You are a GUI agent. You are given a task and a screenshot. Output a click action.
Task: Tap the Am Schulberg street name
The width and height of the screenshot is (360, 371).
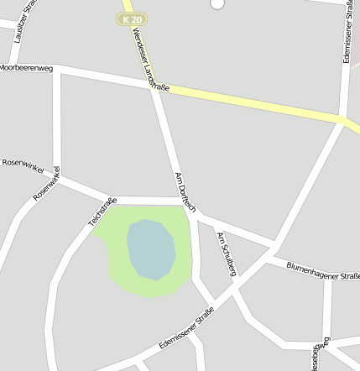(227, 253)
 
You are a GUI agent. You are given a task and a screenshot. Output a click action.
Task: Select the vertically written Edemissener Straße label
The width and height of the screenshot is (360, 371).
(347, 34)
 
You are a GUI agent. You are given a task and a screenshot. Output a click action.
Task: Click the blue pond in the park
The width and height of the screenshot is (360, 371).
(150, 248)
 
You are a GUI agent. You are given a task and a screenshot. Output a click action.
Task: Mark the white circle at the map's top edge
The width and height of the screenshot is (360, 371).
(217, 3)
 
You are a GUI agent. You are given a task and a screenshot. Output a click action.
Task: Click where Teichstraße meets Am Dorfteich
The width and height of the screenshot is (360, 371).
(192, 201)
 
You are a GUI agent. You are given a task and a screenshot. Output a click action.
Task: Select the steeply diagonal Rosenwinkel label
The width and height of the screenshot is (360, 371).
(47, 184)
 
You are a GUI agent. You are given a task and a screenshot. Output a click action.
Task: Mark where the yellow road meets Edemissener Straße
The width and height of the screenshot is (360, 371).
(345, 122)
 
